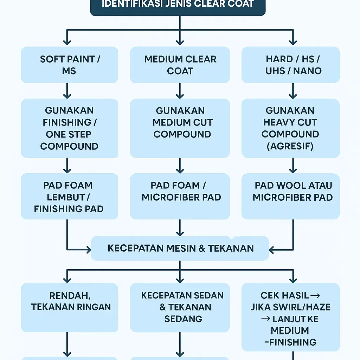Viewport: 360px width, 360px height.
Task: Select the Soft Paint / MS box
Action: click(69, 65)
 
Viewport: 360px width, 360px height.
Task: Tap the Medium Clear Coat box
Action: click(180, 65)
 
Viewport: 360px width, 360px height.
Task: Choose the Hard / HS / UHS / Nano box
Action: click(290, 65)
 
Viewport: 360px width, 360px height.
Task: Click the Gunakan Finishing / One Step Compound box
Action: click(69, 128)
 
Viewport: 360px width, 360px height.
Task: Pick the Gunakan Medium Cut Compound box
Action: click(180, 128)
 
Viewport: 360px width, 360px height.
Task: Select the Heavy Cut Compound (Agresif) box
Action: click(290, 128)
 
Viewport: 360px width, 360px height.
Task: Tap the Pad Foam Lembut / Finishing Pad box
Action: click(69, 197)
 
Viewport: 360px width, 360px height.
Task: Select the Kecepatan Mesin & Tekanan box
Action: click(180, 248)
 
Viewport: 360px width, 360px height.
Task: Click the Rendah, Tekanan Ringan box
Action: click(69, 307)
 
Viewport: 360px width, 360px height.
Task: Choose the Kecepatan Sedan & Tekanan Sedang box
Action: click(180, 307)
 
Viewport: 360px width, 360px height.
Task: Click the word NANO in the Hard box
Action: click(307, 71)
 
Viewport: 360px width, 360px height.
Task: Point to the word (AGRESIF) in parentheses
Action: click(290, 146)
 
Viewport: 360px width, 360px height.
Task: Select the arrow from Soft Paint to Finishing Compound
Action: click(67, 91)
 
